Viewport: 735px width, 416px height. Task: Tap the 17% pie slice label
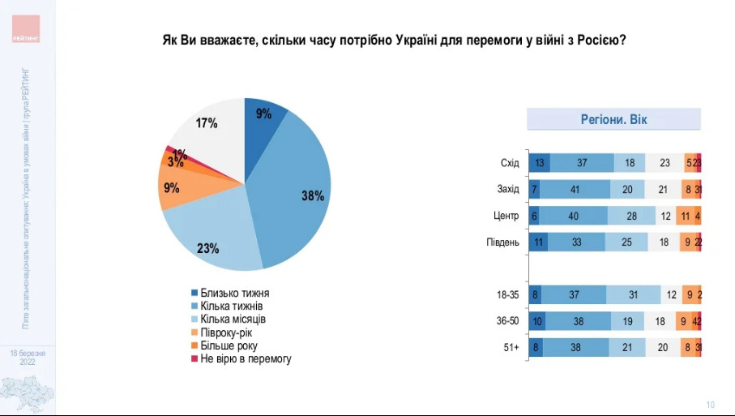tap(207, 123)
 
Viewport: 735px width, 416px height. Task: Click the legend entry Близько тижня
tap(235, 293)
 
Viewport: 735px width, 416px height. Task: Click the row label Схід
tap(510, 163)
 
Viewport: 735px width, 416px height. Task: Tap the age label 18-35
tap(508, 296)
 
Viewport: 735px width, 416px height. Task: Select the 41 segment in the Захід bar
tap(574, 190)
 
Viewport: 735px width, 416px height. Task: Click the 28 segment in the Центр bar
tap(629, 217)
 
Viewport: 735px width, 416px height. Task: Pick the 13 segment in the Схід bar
tap(540, 163)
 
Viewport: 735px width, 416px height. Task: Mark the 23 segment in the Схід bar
tap(664, 163)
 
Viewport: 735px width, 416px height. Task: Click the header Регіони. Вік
tap(613, 120)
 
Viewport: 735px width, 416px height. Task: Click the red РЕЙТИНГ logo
tap(26, 28)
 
